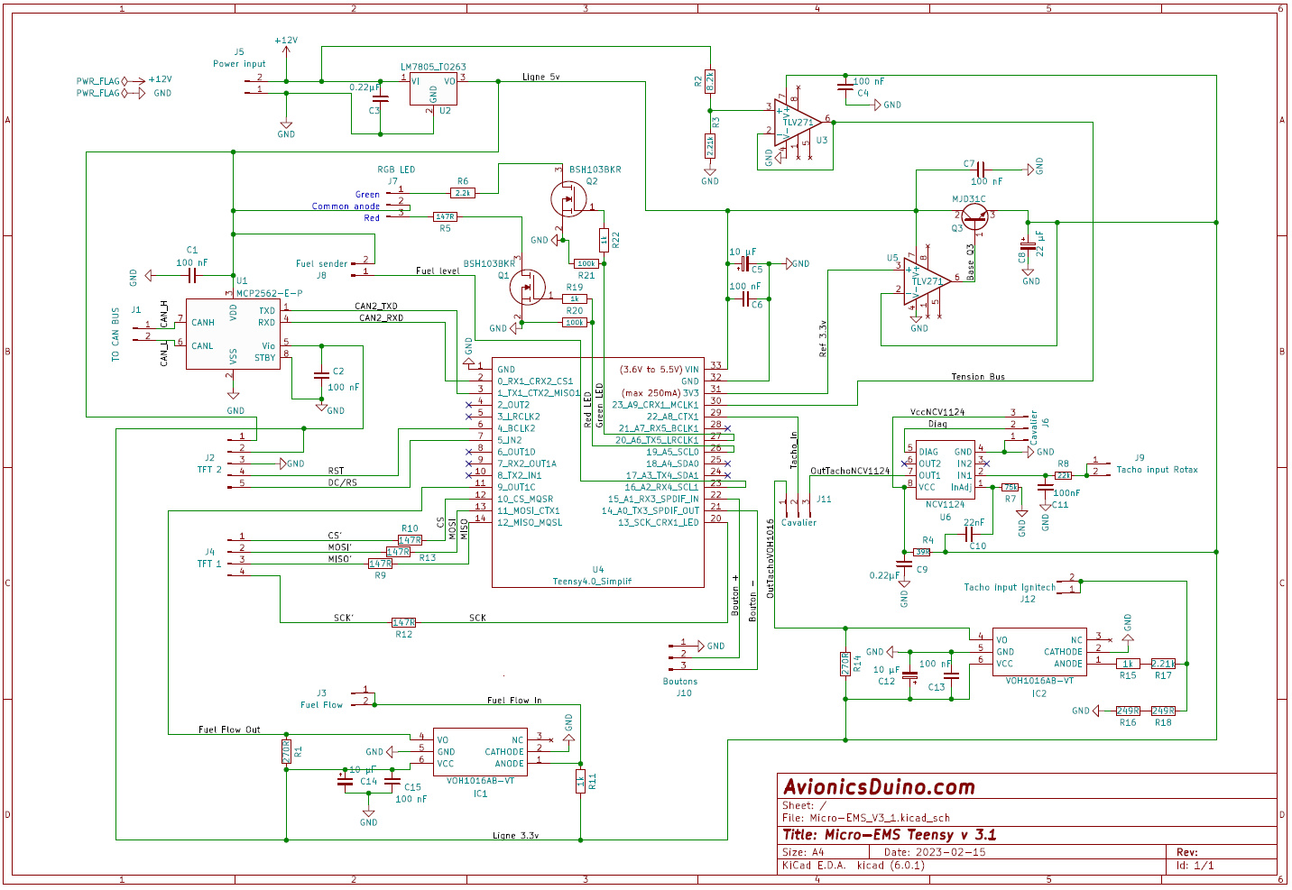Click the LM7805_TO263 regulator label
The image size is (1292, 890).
pyautogui.click(x=433, y=67)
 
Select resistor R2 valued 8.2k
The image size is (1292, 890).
pyautogui.click(x=710, y=81)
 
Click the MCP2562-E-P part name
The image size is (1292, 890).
pyautogui.click(x=269, y=293)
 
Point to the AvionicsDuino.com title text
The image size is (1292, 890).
pyautogui.click(x=879, y=787)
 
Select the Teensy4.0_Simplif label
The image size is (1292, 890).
pyautogui.click(x=592, y=582)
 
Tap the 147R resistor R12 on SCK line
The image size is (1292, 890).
pyautogui.click(x=403, y=622)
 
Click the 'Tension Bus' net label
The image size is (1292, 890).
pyautogui.click(x=977, y=377)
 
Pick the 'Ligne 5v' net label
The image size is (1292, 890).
pyautogui.click(x=540, y=77)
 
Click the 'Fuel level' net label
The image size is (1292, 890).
pyautogui.click(x=438, y=271)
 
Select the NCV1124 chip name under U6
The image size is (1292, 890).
pyautogui.click(x=945, y=504)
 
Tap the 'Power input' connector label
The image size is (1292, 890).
pyautogui.click(x=239, y=64)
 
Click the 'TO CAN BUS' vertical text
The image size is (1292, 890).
pyautogui.click(x=115, y=335)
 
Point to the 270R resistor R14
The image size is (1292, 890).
pyautogui.click(x=845, y=664)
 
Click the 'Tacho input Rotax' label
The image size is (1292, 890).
pyautogui.click(x=1157, y=469)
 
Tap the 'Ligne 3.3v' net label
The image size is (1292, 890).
pyautogui.click(x=515, y=835)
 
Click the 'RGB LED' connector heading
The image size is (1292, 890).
pyautogui.click(x=396, y=170)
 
